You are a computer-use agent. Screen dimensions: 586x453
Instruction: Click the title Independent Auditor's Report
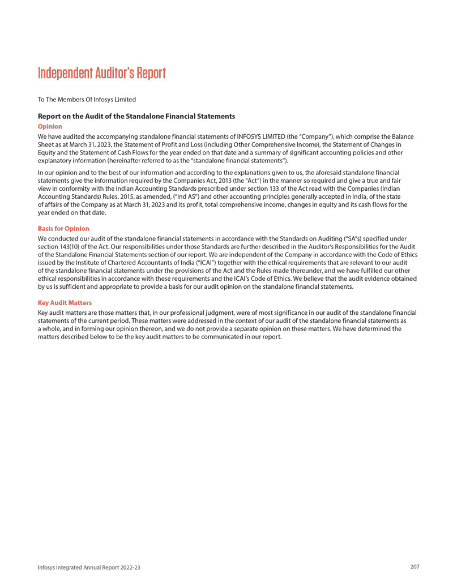[x=102, y=74]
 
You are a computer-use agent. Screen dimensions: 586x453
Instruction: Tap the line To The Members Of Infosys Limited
[x=87, y=100]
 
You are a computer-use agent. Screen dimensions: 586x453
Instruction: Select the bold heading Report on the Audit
[x=136, y=116]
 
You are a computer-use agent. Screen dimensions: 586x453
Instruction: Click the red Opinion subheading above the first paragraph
[x=50, y=126]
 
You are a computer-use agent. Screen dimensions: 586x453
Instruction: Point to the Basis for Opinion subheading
[x=63, y=229]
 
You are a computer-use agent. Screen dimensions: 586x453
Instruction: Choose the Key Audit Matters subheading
[x=65, y=303]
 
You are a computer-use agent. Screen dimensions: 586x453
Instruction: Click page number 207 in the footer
[x=414, y=567]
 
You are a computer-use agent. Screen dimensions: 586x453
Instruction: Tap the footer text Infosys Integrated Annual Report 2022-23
[x=89, y=567]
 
